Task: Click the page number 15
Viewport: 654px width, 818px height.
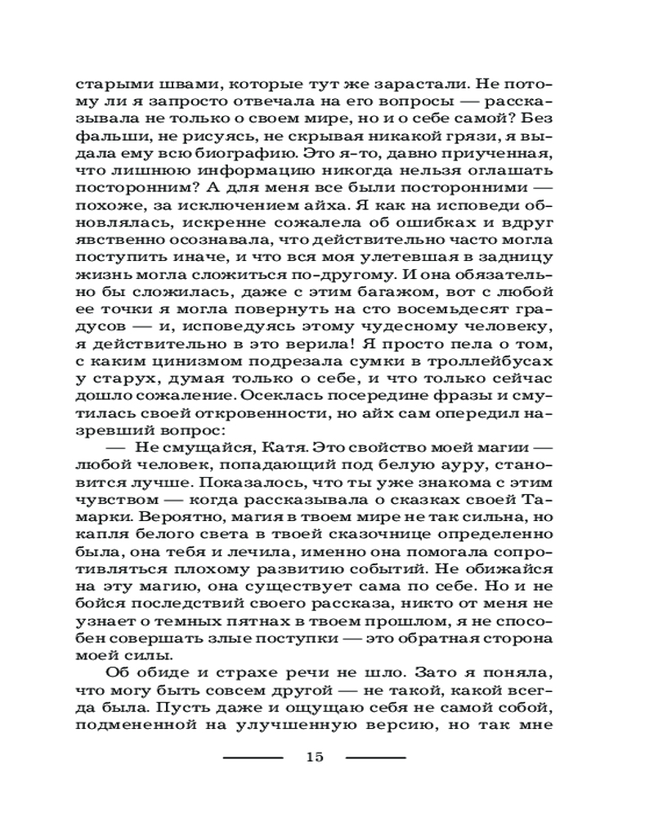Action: click(314, 756)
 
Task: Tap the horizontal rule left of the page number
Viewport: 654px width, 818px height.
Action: click(253, 757)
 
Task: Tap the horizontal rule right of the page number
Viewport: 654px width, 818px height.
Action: click(375, 757)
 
